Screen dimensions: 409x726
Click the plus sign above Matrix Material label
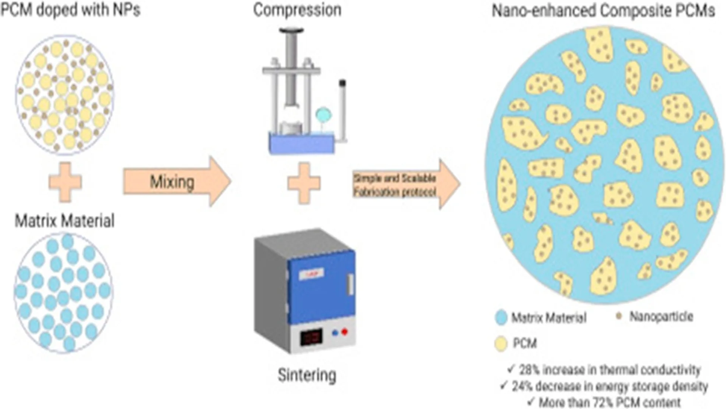65,182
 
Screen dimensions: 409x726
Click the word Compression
297,10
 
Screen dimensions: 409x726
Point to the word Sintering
307,375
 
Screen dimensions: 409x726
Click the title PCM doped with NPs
70,9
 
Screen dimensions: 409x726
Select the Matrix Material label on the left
65,221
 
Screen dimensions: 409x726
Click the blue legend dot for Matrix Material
501,317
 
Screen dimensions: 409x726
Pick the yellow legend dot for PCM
501,343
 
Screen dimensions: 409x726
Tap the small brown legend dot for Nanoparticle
619,316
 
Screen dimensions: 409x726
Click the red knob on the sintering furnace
344,332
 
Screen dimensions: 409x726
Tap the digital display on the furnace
311,337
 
